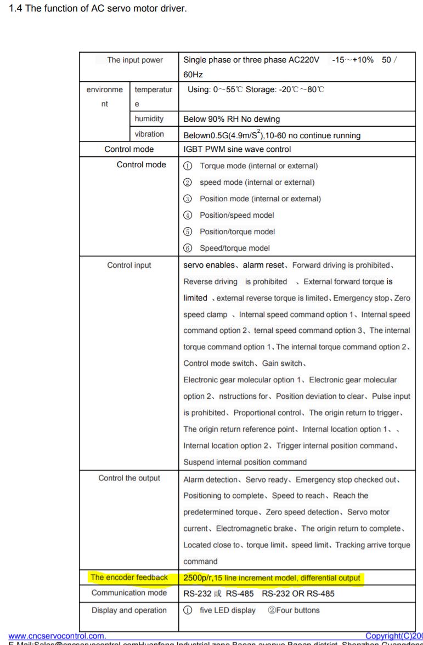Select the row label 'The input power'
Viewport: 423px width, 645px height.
coord(135,60)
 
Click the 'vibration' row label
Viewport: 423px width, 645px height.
coord(149,134)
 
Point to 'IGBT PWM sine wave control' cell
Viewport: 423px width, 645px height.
coord(237,149)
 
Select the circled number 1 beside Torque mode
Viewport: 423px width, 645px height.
coord(188,166)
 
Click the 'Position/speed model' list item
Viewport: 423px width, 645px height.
coord(236,215)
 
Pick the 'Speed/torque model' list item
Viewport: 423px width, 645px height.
coord(234,248)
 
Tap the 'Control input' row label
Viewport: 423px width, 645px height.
coord(129,265)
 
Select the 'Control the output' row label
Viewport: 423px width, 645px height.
coord(129,478)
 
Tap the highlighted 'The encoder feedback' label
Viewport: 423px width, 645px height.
coord(129,578)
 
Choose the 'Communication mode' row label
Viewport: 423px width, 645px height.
coord(129,593)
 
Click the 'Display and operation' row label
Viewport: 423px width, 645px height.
coord(129,610)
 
